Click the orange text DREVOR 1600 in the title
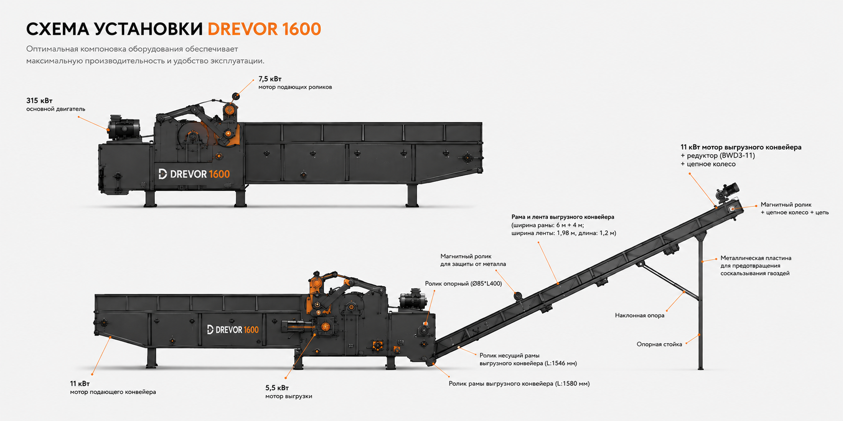pos(264,29)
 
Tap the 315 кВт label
pos(39,101)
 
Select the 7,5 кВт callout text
pos(270,79)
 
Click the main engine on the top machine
pos(124,127)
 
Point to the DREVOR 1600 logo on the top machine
pos(194,174)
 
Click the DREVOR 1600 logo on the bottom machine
pos(233,329)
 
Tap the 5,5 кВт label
pos(277,388)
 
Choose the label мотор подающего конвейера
pos(113,392)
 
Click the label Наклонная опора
pos(640,315)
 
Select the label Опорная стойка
pos(659,344)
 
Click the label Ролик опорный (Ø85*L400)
pos(463,284)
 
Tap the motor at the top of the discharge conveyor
pos(727,191)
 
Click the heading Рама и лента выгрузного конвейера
pos(563,217)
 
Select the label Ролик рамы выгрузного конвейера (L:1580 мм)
pos(519,384)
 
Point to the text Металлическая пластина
pos(756,258)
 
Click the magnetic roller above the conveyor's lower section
pos(518,296)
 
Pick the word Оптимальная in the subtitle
pos(52,49)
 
